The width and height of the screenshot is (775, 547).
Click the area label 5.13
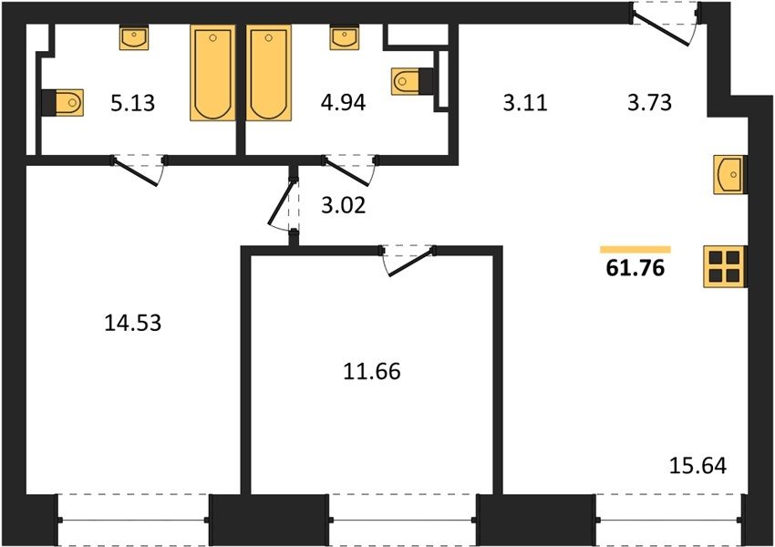click(x=132, y=103)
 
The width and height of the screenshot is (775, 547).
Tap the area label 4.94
click(x=343, y=103)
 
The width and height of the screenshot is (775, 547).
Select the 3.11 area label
click(x=525, y=103)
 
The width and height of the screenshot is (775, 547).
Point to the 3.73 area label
click(x=649, y=103)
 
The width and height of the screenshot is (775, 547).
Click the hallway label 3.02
click(x=344, y=205)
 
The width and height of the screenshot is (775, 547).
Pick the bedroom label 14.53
click(x=133, y=323)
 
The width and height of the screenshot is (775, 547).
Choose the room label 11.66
click(x=372, y=371)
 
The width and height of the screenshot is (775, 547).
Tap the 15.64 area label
click(x=697, y=466)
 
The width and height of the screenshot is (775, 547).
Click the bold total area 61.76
click(x=635, y=268)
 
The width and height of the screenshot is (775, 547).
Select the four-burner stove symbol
click(x=725, y=267)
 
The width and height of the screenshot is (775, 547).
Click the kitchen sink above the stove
click(x=730, y=174)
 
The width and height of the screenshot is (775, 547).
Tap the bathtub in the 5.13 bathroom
click(x=212, y=73)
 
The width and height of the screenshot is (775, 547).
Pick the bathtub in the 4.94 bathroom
click(x=269, y=73)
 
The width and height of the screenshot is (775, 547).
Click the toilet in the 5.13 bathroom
click(x=62, y=103)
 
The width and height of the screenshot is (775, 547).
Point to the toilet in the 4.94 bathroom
click(x=412, y=80)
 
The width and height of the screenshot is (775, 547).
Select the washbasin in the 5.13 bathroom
click(x=134, y=37)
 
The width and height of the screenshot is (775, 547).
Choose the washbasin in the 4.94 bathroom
click(x=345, y=37)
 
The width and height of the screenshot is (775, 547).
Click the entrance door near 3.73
click(x=666, y=23)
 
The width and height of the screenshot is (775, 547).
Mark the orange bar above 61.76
click(x=635, y=250)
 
